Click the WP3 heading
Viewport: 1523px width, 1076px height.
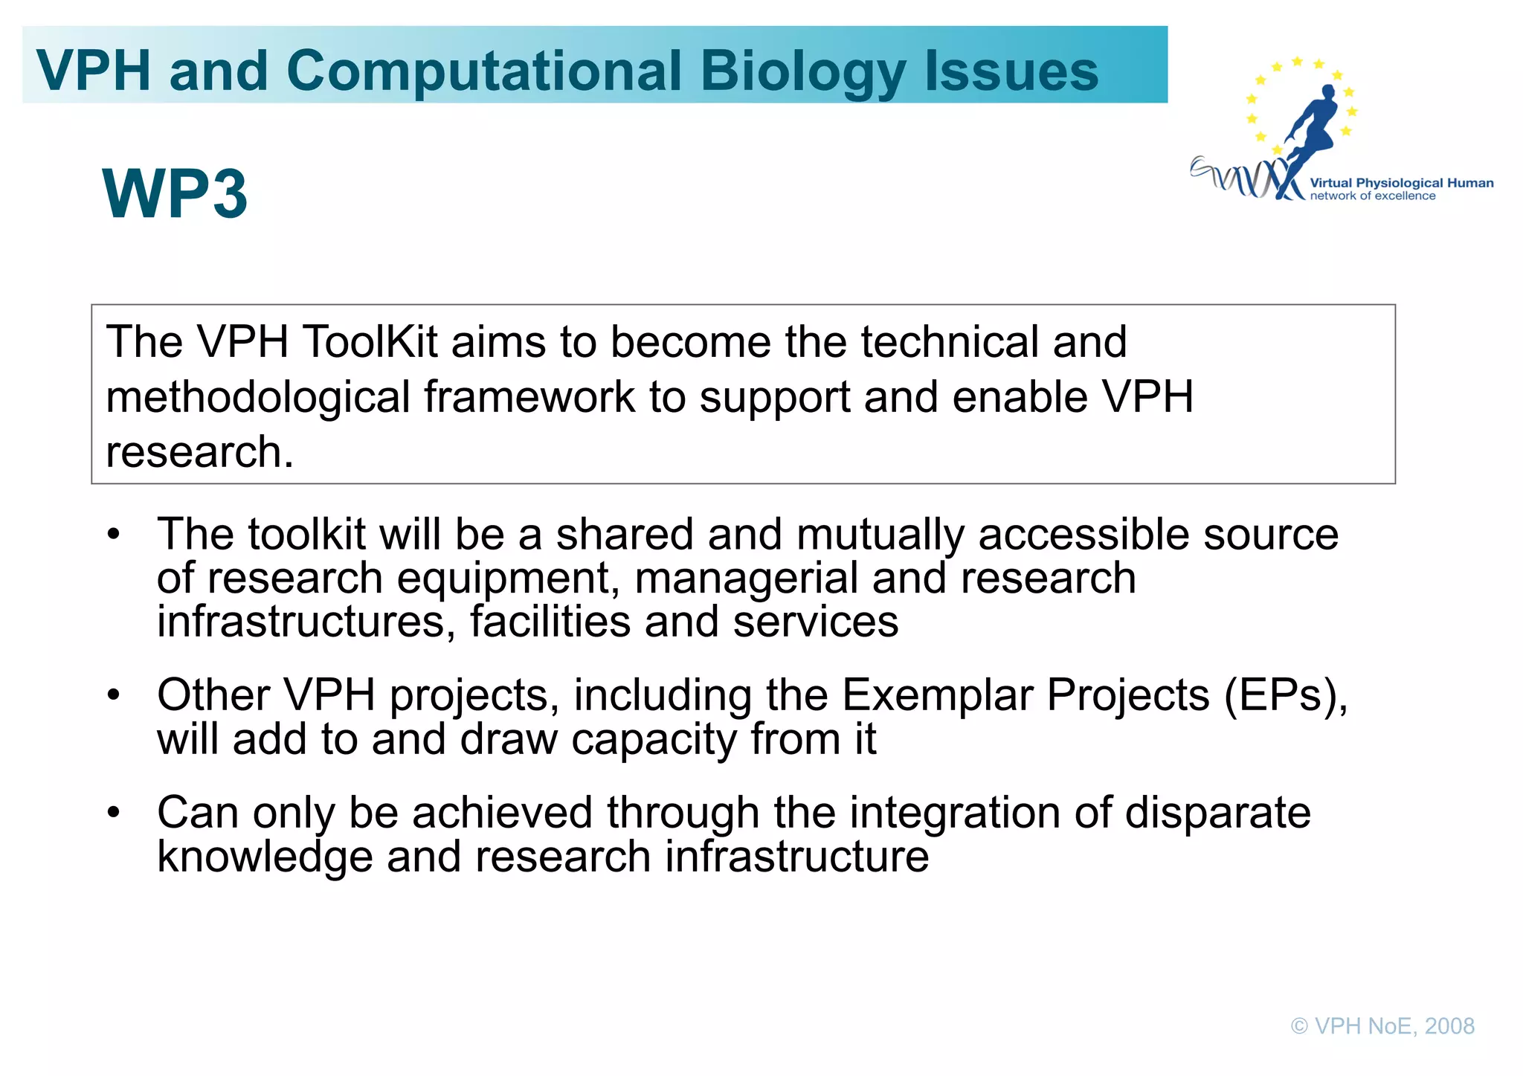175,194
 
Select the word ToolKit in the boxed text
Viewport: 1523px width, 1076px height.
370,342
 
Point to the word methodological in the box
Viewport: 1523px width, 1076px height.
257,397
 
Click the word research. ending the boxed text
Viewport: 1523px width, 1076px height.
199,452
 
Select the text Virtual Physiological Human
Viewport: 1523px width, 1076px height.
1401,183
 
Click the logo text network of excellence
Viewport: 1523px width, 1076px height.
1372,196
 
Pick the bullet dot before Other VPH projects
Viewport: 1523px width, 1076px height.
113,695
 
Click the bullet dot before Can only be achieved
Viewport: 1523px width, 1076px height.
113,813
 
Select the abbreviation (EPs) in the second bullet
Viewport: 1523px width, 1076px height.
1285,696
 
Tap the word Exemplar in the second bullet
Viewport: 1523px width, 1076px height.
937,696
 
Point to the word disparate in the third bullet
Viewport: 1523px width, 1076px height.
1217,813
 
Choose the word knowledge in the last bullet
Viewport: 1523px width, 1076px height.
264,857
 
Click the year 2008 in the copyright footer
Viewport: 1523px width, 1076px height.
1449,1026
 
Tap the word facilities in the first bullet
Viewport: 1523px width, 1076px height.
550,622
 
